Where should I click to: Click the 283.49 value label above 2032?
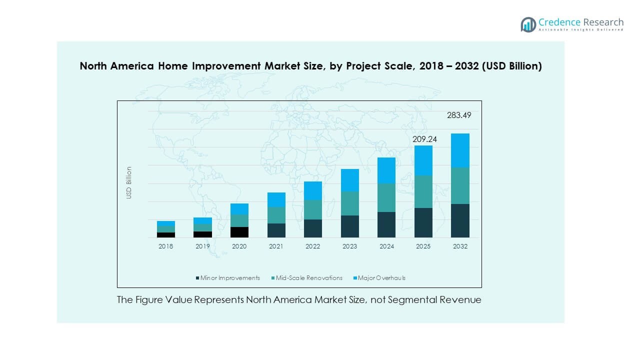(459, 115)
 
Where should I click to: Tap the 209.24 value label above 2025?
(424, 139)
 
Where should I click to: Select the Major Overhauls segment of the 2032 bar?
(460, 150)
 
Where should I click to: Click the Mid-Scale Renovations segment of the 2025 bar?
(423, 191)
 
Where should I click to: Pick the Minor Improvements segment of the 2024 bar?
(386, 224)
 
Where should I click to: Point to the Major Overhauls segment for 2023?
(350, 180)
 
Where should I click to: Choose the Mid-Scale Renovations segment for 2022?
(313, 209)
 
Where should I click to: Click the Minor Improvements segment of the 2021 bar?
(276, 230)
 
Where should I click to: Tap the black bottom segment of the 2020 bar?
(239, 232)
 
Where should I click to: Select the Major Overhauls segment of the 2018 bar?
(166, 223)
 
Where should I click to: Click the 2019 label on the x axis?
(202, 246)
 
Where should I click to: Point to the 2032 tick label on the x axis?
(460, 246)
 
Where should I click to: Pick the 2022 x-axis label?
(313, 246)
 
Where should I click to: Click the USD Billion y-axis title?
(129, 182)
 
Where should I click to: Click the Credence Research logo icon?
(528, 24)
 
